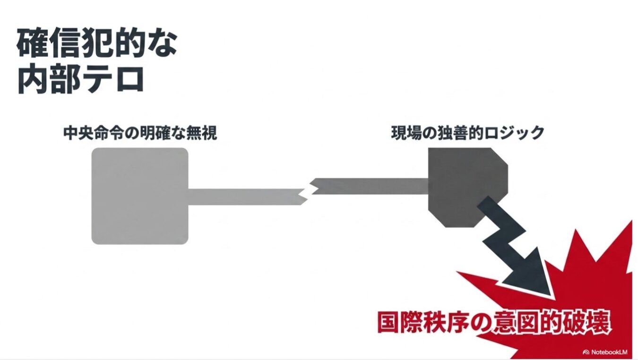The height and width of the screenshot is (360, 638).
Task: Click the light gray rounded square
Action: click(x=140, y=196)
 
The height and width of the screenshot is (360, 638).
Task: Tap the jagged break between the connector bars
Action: click(x=308, y=191)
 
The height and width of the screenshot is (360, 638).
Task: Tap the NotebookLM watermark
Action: click(x=607, y=352)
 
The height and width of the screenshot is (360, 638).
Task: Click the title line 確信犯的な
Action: click(x=97, y=43)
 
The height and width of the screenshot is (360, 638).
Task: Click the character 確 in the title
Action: click(x=32, y=43)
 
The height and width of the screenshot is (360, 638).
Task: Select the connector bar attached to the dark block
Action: click(x=371, y=186)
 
